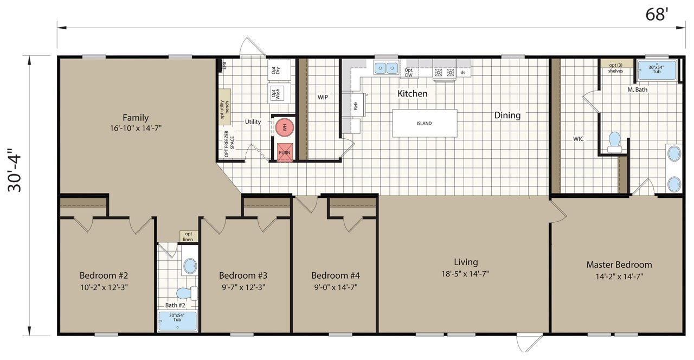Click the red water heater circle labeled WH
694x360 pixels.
tap(284, 128)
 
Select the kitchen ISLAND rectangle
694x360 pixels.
tap(425, 123)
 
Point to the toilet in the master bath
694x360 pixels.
tap(614, 141)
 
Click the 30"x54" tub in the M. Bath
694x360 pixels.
tap(657, 70)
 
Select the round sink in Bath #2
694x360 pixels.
tap(190, 266)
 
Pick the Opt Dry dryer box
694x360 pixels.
tap(275, 69)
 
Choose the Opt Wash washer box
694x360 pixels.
tap(276, 93)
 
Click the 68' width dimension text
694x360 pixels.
tap(657, 15)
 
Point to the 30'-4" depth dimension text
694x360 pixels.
tap(15, 173)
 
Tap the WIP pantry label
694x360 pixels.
tap(323, 98)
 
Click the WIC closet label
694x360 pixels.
tap(579, 139)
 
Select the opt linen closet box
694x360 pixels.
tap(189, 236)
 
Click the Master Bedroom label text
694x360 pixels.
tap(619, 265)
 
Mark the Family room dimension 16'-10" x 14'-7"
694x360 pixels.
tap(135, 128)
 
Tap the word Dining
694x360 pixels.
tap(507, 115)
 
